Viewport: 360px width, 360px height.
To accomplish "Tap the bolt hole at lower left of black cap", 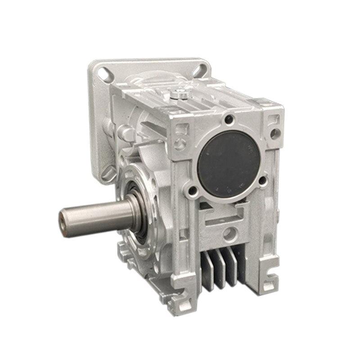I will [193, 192].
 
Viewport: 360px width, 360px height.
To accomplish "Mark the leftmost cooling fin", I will [207, 274].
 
